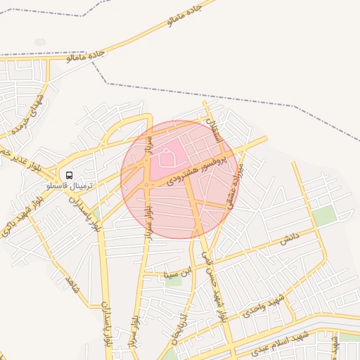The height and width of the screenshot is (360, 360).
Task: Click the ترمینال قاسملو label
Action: coord(69,186)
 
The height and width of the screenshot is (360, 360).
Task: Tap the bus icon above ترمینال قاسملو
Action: coord(69,174)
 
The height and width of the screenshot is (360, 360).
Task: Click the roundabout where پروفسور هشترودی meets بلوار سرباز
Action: coord(146,185)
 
